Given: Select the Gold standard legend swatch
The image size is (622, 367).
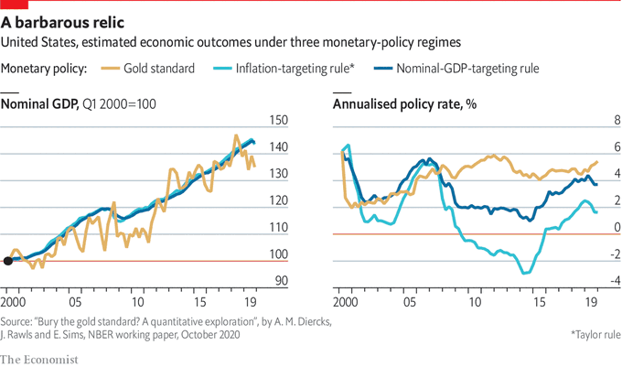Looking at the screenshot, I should [x=108, y=69].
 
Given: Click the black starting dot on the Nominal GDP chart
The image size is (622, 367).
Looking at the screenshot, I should [x=8, y=261].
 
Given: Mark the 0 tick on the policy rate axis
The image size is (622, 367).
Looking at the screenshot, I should [x=605, y=227].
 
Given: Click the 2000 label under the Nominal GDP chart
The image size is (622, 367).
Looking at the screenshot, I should [x=14, y=301].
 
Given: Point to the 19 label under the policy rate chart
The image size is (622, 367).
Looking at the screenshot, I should [x=591, y=301].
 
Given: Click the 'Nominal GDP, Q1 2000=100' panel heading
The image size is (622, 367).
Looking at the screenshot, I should [x=79, y=103].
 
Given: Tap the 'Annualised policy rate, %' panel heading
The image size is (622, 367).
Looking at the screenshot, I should [x=404, y=103].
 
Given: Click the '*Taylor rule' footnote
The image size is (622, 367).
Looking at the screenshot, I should [x=595, y=336].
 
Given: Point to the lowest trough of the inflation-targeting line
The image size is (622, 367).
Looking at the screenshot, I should [x=525, y=273].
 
